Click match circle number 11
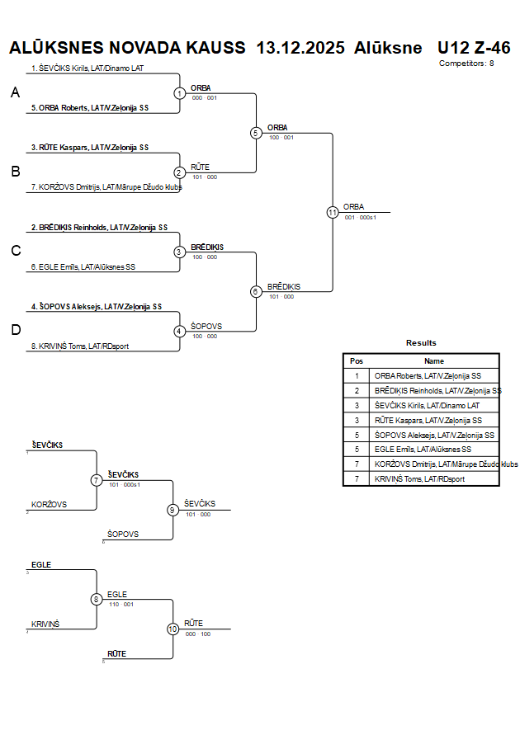click(333, 212)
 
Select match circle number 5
click(256, 133)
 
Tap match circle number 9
click(173, 510)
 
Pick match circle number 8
click(97, 600)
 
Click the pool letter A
click(15, 93)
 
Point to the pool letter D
click(15, 330)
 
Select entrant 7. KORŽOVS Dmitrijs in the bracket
click(106, 187)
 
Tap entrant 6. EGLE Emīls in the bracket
click(83, 267)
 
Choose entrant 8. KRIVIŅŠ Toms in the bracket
click(80, 346)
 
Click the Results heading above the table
click(421, 343)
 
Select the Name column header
click(434, 360)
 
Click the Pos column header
click(357, 360)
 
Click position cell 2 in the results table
click(357, 390)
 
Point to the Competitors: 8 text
click(466, 63)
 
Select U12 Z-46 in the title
click(474, 47)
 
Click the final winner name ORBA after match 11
click(353, 207)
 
